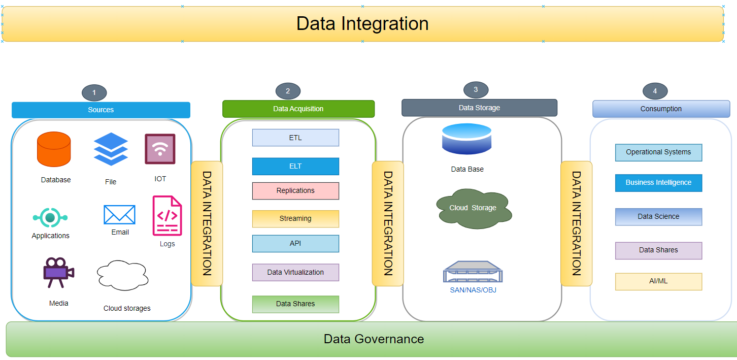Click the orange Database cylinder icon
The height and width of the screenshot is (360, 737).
click(54, 149)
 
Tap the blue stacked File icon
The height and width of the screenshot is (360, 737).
click(111, 149)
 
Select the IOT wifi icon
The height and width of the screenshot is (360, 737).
click(160, 149)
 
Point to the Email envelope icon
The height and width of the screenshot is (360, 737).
click(119, 215)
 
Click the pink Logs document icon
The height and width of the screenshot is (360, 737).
click(167, 216)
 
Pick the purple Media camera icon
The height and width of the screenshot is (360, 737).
click(58, 272)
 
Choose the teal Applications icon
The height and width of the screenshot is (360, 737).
click(50, 218)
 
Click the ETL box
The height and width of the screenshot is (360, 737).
click(295, 138)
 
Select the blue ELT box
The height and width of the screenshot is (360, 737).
click(295, 166)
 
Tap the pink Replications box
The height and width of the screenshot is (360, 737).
click(295, 191)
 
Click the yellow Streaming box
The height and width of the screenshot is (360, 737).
click(295, 219)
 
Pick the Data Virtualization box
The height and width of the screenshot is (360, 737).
click(295, 272)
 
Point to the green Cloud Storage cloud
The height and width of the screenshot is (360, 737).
click(474, 208)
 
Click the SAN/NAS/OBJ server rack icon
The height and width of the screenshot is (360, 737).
click(473, 272)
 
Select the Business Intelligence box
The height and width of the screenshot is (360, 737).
click(658, 183)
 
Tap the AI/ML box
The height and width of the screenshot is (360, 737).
click(658, 281)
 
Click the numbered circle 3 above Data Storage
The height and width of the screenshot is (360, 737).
click(476, 90)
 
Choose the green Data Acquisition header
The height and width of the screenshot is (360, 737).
click(298, 109)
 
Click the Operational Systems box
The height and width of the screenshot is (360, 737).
click(658, 152)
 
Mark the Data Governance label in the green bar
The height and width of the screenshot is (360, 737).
click(374, 339)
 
